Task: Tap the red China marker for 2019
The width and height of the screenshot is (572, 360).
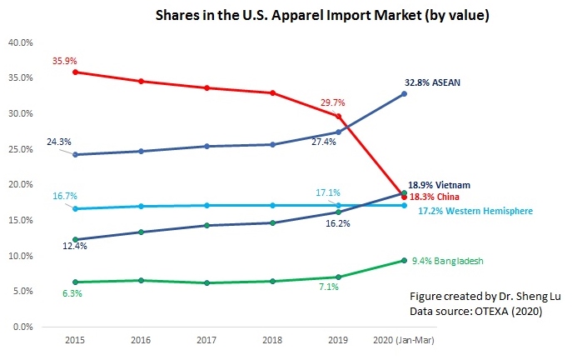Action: coord(338,116)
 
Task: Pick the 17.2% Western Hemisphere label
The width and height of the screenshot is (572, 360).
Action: coord(475,212)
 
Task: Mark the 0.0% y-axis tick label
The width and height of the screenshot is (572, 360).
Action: coord(22,327)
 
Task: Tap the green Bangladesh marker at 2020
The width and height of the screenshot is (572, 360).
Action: coord(404,261)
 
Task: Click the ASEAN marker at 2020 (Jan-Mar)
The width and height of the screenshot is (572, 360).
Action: coord(404,93)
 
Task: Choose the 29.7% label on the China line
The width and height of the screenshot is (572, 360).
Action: coord(333,102)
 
